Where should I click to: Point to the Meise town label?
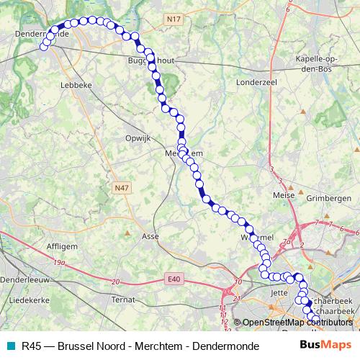tap(282, 194)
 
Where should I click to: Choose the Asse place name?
tap(150, 236)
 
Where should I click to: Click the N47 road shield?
tap(122, 187)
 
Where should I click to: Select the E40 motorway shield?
tap(173, 279)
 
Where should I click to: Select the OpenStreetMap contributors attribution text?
tap(297, 322)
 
